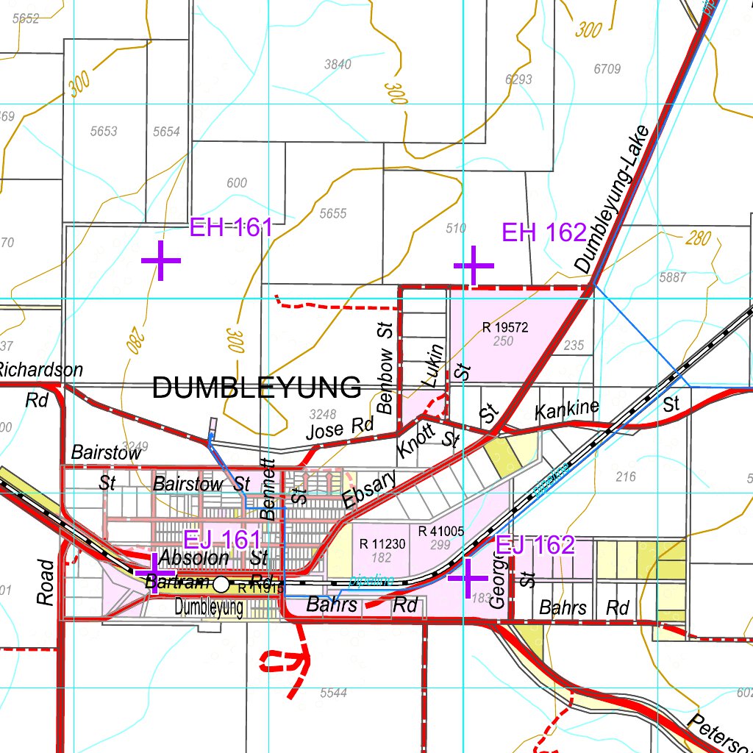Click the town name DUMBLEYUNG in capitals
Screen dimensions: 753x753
click(257, 388)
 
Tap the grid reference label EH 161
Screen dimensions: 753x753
click(231, 227)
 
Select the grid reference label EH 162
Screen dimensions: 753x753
click(543, 232)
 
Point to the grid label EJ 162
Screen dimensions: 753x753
click(535, 545)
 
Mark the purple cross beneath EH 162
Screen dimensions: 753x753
click(474, 265)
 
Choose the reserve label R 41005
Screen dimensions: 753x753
click(441, 531)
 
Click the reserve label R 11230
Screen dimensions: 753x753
click(382, 544)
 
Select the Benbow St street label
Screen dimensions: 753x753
click(385, 367)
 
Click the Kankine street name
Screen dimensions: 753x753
click(567, 409)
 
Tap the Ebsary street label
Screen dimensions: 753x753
click(369, 488)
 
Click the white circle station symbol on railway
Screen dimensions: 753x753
click(221, 585)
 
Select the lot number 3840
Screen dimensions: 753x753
click(338, 64)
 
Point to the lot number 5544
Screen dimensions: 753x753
click(333, 693)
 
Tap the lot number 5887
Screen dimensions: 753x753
click(673, 277)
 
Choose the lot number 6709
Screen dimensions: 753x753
click(607, 69)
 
